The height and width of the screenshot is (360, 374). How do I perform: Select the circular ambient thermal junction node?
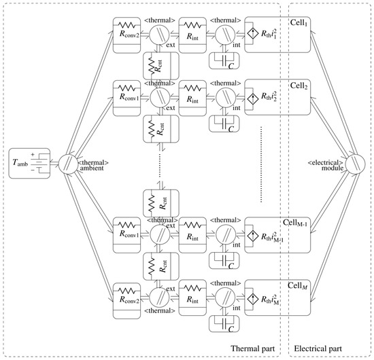pyautogui.click(x=68, y=164)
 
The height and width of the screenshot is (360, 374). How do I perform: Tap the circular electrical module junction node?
pyautogui.click(x=354, y=163)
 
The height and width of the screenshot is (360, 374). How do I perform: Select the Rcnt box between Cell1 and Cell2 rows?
pyautogui.click(x=158, y=67)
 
